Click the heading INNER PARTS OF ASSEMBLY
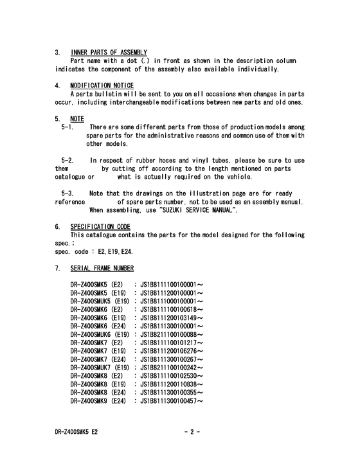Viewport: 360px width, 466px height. click(109, 52)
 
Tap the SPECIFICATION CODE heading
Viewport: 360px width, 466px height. click(100, 227)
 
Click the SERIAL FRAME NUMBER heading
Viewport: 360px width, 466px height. click(102, 268)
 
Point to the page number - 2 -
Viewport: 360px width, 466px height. click(192, 433)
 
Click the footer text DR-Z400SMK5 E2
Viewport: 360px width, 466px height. click(76, 433)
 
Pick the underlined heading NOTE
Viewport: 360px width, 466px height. click(77, 119)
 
